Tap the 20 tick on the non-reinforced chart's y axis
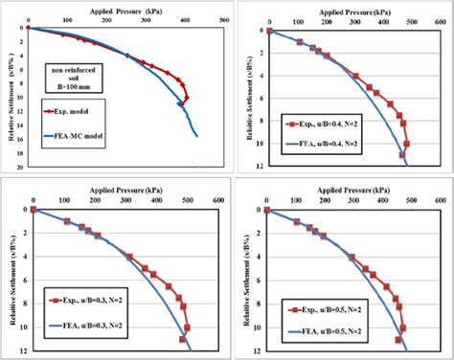click(22, 166)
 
